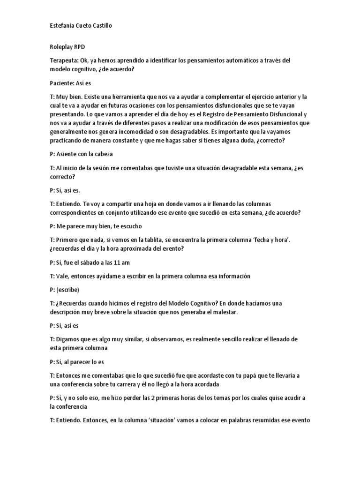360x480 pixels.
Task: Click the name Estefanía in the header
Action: pyautogui.click(x=62, y=26)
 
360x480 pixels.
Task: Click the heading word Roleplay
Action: pyautogui.click(x=61, y=47)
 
